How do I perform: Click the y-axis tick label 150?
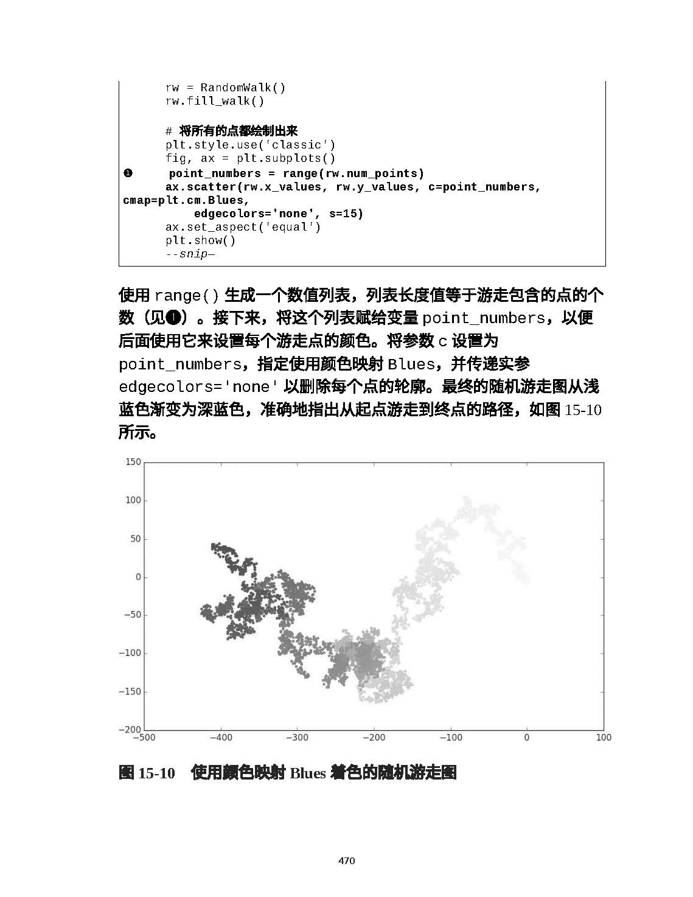point(133,462)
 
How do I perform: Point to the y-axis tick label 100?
point(133,500)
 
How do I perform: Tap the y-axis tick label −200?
point(130,730)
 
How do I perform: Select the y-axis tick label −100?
point(130,653)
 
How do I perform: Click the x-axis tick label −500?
point(144,738)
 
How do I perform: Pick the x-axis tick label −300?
point(297,738)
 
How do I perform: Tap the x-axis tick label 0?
point(526,738)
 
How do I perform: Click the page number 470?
point(346,860)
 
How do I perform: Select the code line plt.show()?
point(201,240)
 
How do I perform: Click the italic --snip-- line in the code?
point(190,254)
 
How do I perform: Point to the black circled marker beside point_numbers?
point(128,173)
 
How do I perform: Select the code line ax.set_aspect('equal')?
point(243,227)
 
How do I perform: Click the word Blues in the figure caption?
point(307,773)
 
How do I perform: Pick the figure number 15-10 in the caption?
point(156,773)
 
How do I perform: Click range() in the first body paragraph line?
point(186,296)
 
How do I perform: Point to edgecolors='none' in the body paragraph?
point(198,388)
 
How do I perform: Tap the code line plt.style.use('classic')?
point(250,145)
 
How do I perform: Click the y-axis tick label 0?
point(138,577)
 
